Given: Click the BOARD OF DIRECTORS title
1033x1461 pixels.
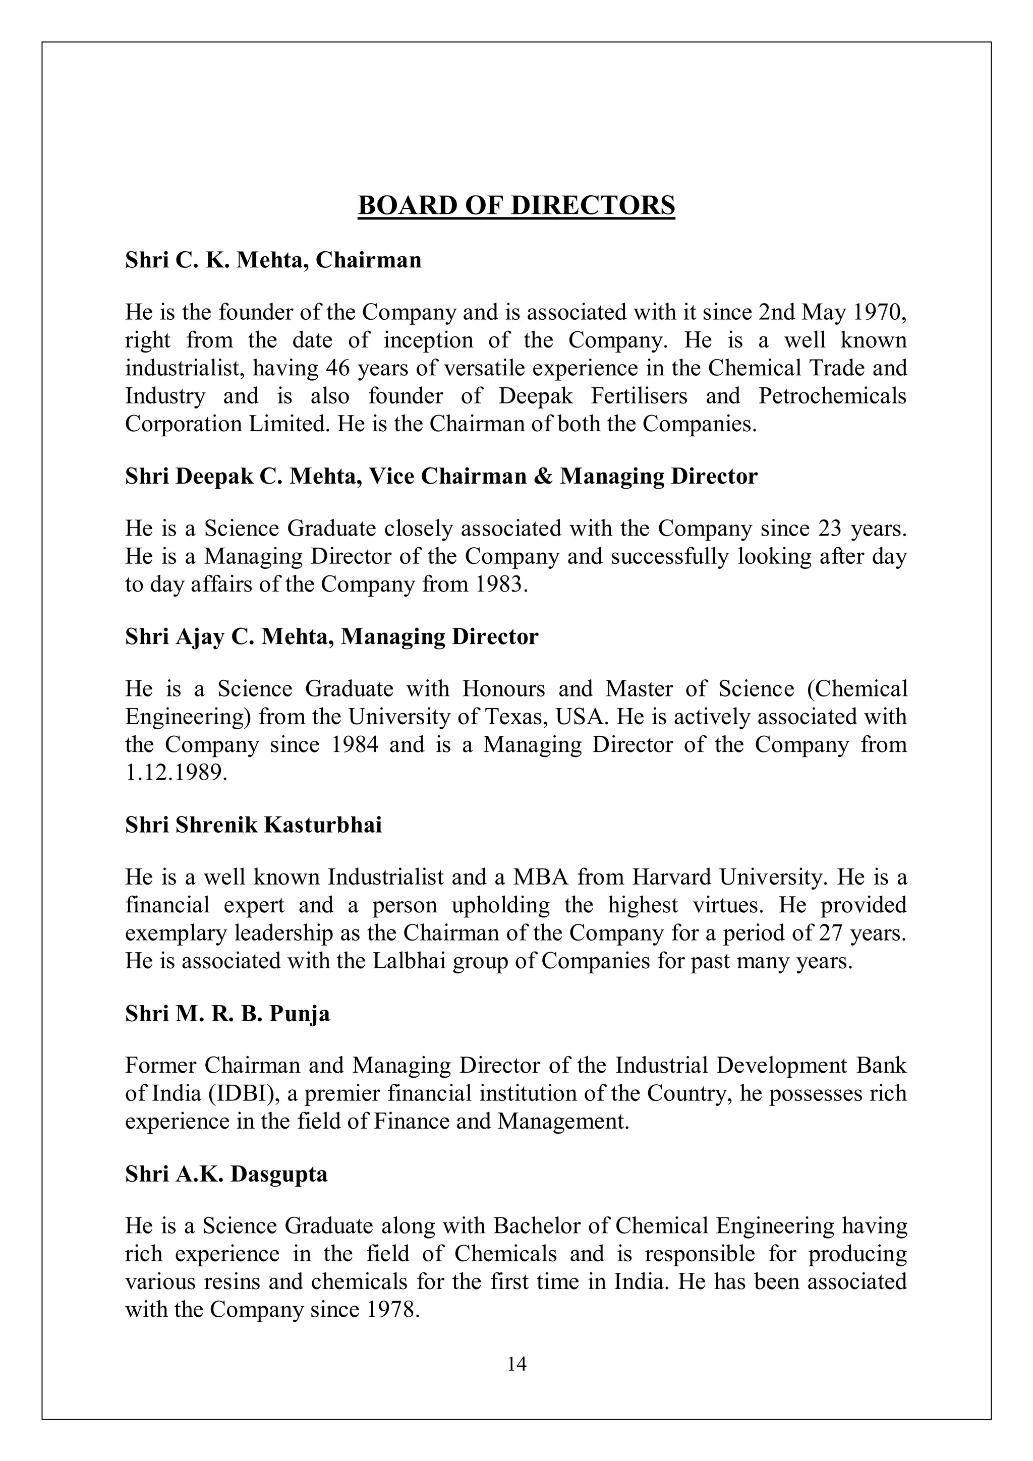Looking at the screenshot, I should pos(516,206).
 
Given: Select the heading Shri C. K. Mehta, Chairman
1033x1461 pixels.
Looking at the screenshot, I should pos(273,260).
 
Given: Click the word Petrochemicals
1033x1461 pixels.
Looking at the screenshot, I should pos(832,396).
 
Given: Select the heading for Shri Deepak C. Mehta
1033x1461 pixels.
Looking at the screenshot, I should pos(441,477).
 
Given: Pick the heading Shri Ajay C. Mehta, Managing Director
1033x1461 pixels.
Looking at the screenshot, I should pos(331,636).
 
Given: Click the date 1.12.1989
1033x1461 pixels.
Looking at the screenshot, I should pos(175,773).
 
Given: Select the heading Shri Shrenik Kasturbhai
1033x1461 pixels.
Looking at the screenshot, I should pos(253,826).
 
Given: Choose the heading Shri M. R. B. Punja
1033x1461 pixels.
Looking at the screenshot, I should pos(227,1014).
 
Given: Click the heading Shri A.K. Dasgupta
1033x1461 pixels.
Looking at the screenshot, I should pos(226,1174).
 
